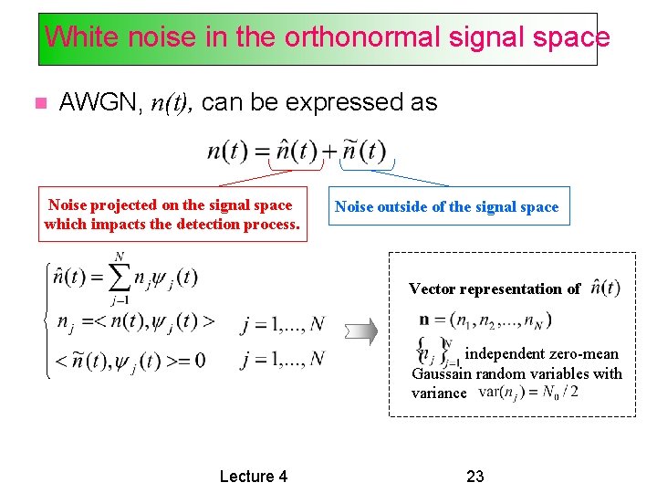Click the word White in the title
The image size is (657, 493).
[x=73, y=37]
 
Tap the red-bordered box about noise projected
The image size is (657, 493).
[x=172, y=215]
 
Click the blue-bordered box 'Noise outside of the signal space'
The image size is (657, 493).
[x=446, y=207]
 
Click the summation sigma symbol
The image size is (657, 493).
[x=118, y=277]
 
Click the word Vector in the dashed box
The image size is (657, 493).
[x=432, y=288]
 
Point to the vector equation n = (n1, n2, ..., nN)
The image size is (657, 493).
[x=485, y=320]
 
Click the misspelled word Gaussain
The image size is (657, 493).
[x=442, y=373]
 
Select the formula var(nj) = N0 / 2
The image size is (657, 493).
[x=527, y=393]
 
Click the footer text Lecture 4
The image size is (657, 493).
[x=254, y=476]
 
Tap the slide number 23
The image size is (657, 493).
[x=474, y=476]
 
